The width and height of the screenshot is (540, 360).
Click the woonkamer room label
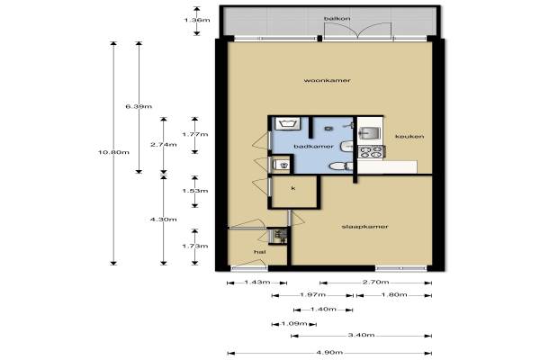[x=327, y=81]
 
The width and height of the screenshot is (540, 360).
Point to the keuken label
[x=409, y=137]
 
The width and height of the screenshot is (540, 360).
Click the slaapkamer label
[x=364, y=227]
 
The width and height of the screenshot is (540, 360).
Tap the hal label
[x=259, y=252]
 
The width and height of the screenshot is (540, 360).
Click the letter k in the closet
[x=293, y=188]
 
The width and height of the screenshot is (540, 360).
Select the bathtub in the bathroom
[x=286, y=123]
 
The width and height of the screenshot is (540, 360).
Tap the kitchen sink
[x=369, y=133]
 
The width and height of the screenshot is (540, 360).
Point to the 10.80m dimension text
[x=113, y=152]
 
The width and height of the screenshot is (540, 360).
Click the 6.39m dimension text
[x=139, y=106]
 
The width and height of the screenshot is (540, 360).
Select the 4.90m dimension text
[x=329, y=352]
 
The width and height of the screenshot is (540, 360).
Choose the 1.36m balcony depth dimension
[x=196, y=20]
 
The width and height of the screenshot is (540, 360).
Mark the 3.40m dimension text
[x=361, y=335]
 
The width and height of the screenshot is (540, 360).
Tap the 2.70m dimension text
[x=375, y=282]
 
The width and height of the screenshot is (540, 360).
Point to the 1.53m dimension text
[x=195, y=191]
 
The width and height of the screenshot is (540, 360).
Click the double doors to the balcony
[x=358, y=31]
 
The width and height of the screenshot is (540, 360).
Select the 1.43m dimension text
[x=256, y=282]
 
